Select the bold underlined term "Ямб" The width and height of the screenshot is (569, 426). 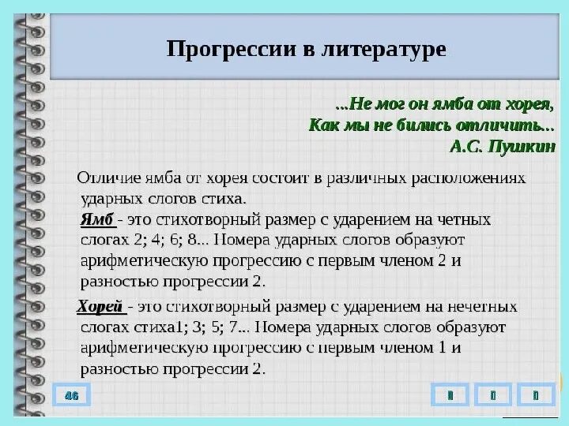(x=97, y=219)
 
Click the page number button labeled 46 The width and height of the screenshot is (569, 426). (x=71, y=394)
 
